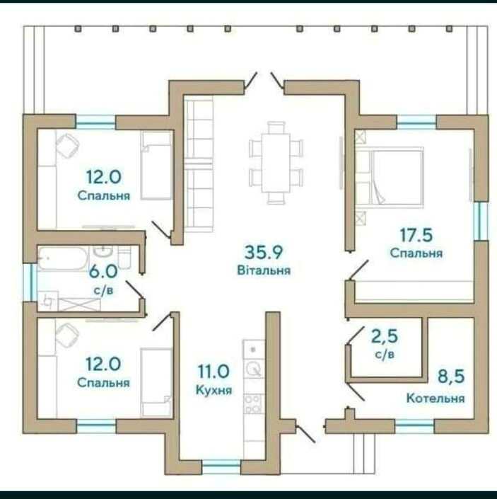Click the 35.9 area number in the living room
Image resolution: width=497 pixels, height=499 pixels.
pos(264,253)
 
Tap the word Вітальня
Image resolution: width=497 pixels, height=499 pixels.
pos(264,270)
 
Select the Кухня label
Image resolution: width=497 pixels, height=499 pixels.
pos(214,390)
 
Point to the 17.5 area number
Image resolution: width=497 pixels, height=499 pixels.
pos(416,235)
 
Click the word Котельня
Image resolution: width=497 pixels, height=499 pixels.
pos(435,398)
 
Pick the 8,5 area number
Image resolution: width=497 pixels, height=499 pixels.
pos(451,376)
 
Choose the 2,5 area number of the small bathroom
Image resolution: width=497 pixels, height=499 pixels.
pos(385,337)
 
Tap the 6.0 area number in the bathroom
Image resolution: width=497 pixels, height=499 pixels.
pos(103,272)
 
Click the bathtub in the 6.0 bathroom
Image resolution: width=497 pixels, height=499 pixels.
pos(63,258)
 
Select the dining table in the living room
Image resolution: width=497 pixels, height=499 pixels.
pos(276,163)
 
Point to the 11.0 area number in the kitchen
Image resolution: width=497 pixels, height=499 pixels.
pos(214,372)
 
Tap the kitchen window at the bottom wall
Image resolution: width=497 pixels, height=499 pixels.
pos(221,466)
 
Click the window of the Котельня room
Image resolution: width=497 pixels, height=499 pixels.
pos(414,426)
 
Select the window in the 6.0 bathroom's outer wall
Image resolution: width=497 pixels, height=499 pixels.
pos(30,282)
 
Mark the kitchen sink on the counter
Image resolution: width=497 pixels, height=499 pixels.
pos(254,369)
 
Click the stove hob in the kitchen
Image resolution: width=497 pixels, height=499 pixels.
pos(254,404)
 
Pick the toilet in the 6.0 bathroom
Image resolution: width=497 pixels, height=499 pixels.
pos(124,257)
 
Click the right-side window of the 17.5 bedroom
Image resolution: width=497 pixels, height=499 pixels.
pos(481,221)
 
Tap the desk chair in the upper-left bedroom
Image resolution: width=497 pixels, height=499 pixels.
pos(67,145)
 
